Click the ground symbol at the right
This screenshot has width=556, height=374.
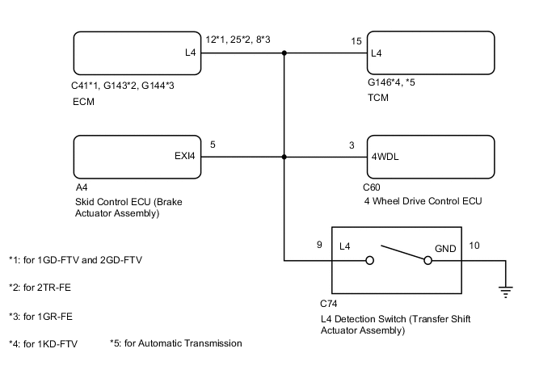(x=507, y=292)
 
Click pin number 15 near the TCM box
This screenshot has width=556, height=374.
(x=356, y=40)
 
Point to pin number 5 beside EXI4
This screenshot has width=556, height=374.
(x=213, y=145)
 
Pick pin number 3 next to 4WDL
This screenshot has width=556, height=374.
(x=352, y=145)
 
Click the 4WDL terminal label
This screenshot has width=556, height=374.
(x=385, y=158)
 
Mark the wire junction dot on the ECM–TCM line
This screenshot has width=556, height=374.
(x=284, y=54)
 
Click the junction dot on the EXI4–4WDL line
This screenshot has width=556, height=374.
(x=284, y=158)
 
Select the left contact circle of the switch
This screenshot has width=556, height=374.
(x=369, y=261)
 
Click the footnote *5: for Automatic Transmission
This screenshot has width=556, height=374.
(x=175, y=343)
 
